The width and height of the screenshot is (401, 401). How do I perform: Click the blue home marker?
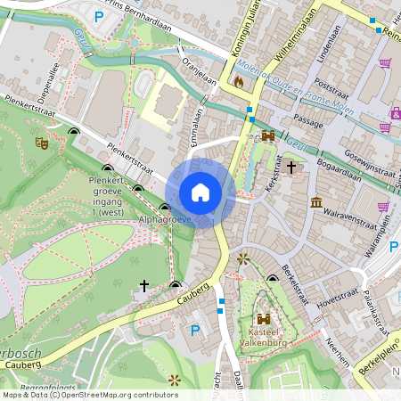[200, 192]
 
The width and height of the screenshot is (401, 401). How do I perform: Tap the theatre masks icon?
[40, 142]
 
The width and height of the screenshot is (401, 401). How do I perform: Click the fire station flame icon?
[238, 81]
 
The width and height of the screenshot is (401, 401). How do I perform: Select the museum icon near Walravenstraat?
[316, 203]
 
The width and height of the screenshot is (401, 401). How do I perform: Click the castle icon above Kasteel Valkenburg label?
[264, 319]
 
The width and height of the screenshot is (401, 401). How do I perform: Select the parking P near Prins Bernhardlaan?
[100, 15]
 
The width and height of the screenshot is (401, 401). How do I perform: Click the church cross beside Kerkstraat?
[291, 167]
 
